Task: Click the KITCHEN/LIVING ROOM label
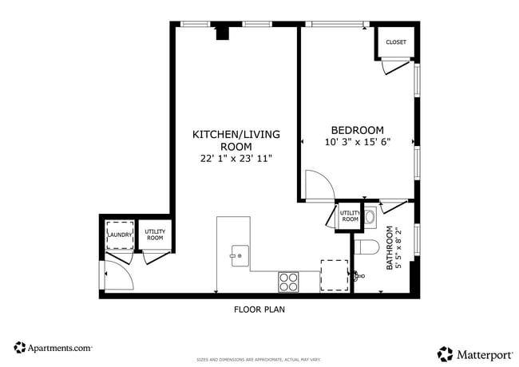tap(236, 140)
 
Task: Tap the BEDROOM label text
tap(357, 130)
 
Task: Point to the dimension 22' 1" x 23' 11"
tap(236, 159)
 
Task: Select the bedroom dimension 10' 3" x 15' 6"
tap(358, 143)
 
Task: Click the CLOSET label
tap(395, 42)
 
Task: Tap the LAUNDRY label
tap(120, 235)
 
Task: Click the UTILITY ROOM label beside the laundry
tap(154, 235)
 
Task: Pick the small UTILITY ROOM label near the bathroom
tap(350, 216)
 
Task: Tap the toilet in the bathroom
tap(366, 246)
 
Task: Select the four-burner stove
tap(288, 282)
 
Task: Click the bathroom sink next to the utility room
tap(370, 215)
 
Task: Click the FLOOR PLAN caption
tap(259, 309)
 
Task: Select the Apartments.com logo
tap(53, 348)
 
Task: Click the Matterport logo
tap(473, 353)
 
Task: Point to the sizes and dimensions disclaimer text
tap(259, 360)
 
